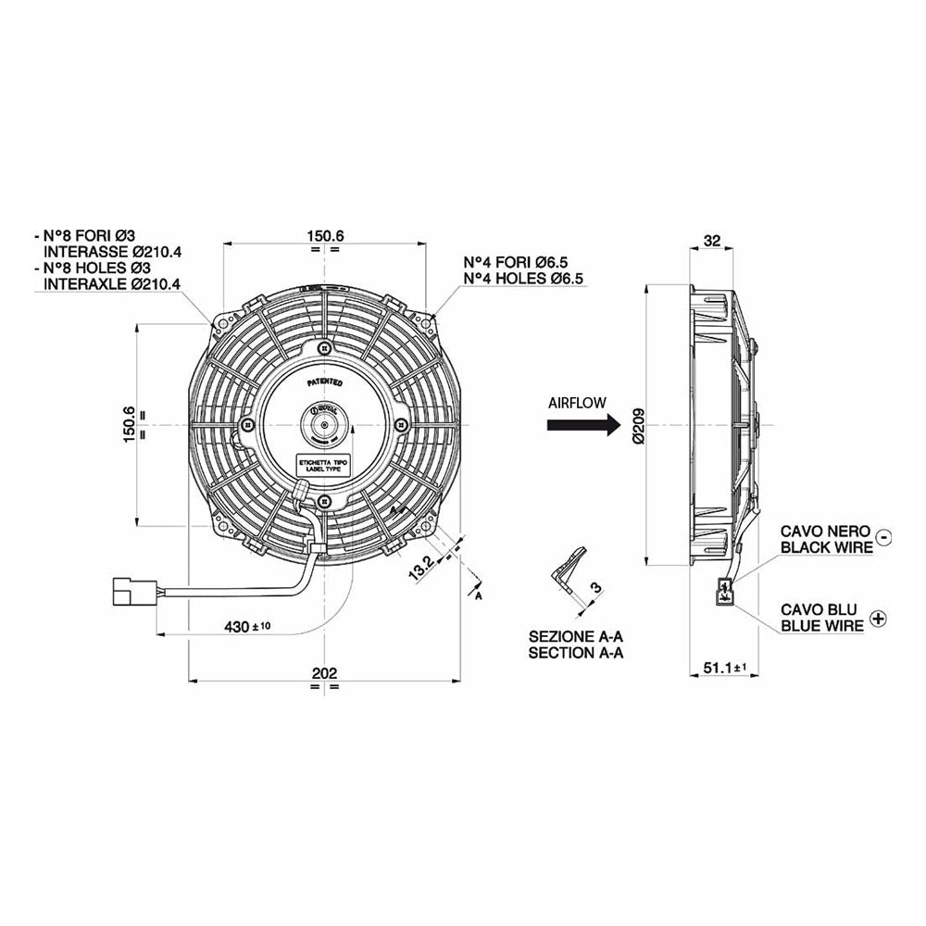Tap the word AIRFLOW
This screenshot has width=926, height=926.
pos(577,403)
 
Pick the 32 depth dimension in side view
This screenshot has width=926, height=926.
pos(712,240)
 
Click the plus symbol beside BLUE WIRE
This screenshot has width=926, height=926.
pos(878,618)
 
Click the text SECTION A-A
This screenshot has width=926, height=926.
pos(576,652)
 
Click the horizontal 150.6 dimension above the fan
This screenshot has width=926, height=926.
pos(325,236)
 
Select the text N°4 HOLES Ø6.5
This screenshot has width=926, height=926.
pos(524,279)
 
